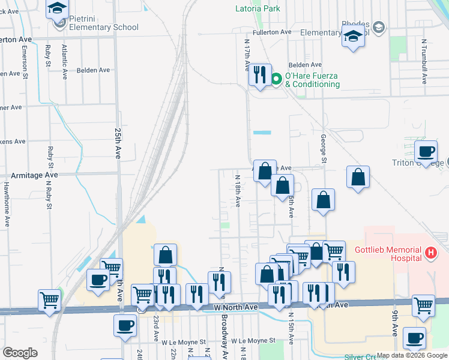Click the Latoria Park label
coord(258,9)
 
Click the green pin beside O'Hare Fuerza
coord(277,79)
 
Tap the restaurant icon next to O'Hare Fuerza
coord(259,75)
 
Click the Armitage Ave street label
coord(35,175)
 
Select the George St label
coord(323,148)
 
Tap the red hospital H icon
coord(430,253)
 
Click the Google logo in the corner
coord(20,352)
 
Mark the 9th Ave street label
coord(396,323)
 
